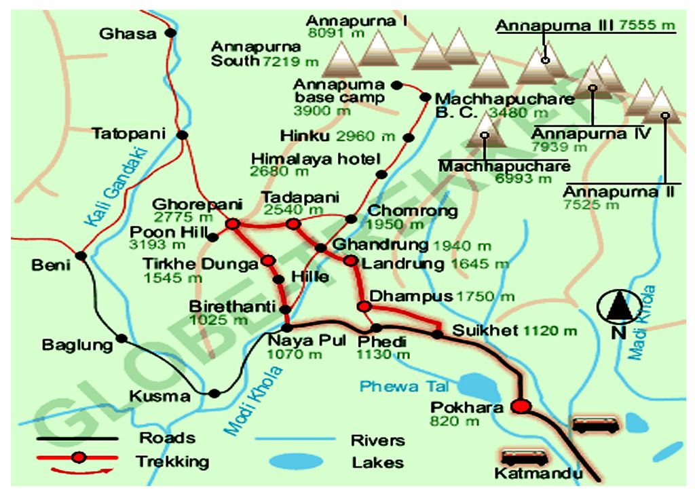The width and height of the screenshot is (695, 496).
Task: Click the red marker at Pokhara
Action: (x=521, y=406)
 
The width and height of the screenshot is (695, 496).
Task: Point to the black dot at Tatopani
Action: (x=182, y=135)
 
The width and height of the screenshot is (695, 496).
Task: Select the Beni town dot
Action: (x=81, y=256)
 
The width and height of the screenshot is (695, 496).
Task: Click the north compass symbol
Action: (x=618, y=309)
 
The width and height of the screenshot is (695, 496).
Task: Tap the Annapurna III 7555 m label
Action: (x=586, y=26)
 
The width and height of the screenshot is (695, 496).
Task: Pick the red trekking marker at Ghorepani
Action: (x=233, y=223)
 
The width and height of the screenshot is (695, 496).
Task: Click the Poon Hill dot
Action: (x=213, y=237)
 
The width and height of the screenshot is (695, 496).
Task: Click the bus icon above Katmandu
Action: (x=521, y=456)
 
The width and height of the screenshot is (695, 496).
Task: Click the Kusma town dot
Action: (x=214, y=393)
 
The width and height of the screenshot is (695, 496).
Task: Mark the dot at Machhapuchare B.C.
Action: (x=426, y=97)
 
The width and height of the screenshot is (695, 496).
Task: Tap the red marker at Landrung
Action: (x=350, y=260)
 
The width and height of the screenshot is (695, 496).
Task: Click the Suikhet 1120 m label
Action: (x=514, y=331)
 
